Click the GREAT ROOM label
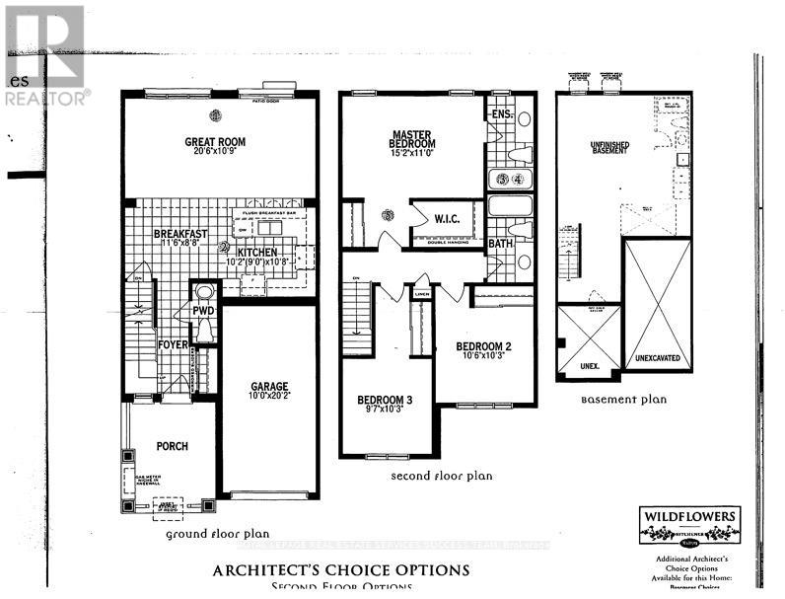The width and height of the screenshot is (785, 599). point(215,142)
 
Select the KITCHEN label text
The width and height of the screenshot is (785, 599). point(257,253)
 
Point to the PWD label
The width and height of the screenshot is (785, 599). point(204,311)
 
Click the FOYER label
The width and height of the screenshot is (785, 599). point(173,344)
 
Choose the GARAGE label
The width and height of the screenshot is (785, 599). point(266,388)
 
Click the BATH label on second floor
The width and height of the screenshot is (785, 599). point(501,243)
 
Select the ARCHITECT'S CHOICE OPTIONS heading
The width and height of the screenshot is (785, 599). point(341,569)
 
